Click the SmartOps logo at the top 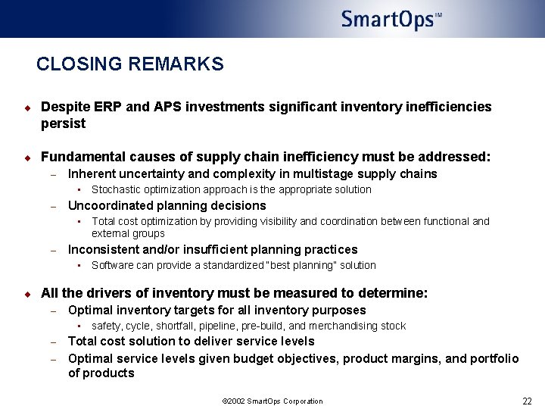[391, 19]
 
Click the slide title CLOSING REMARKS [130, 64]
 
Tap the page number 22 [527, 401]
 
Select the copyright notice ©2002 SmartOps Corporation [272, 401]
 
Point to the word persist [63, 123]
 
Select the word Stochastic [114, 189]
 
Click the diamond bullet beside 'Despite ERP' [26, 108]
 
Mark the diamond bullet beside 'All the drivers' [26, 294]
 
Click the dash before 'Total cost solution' [54, 342]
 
